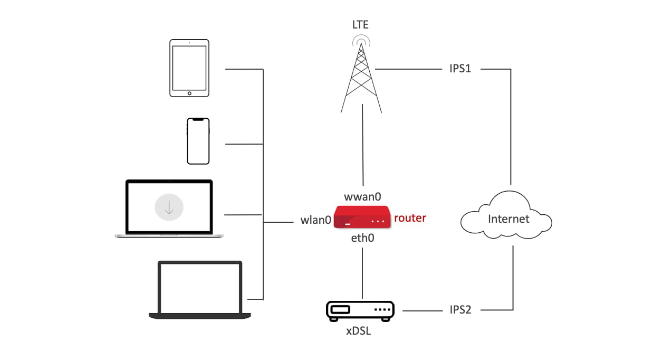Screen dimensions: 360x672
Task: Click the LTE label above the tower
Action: (x=361, y=24)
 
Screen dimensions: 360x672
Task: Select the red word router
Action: (x=410, y=217)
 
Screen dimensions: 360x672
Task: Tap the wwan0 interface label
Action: (x=362, y=197)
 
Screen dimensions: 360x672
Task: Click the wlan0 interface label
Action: (x=316, y=220)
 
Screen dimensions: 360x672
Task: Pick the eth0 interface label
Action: (x=362, y=238)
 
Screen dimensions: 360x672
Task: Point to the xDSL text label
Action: (x=359, y=332)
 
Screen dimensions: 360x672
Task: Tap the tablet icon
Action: (x=189, y=68)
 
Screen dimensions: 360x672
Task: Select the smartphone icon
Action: (x=198, y=141)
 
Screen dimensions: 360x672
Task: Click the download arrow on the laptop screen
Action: (x=169, y=208)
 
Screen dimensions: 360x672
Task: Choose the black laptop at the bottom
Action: (x=200, y=290)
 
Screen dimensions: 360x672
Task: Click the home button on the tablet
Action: (x=189, y=93)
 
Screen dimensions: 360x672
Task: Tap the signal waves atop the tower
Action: (x=361, y=40)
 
